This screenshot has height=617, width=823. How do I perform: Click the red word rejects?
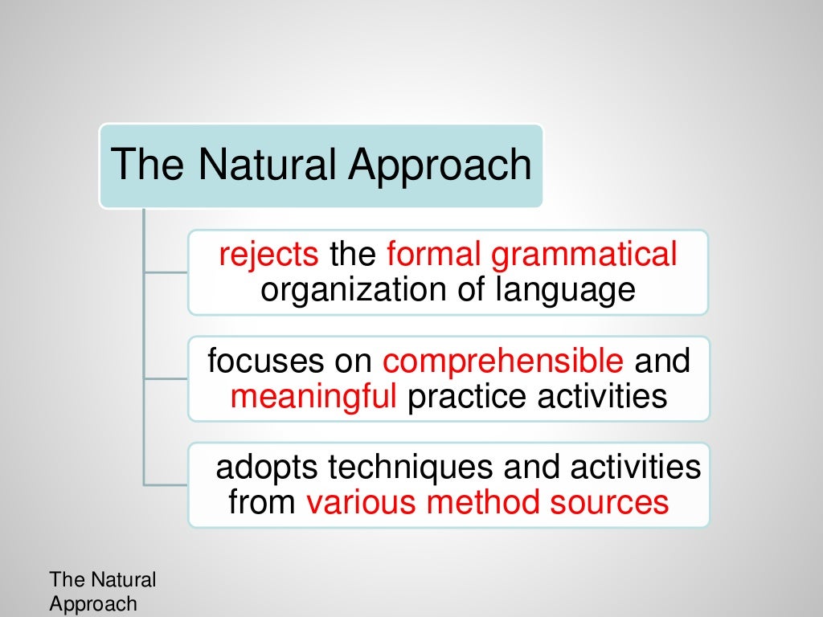click(x=268, y=255)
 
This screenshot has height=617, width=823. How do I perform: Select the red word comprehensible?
click(x=503, y=363)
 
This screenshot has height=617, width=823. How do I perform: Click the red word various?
click(x=362, y=503)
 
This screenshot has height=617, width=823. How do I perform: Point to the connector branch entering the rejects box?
click(x=166, y=272)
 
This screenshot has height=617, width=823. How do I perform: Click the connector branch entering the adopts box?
click(x=166, y=484)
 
